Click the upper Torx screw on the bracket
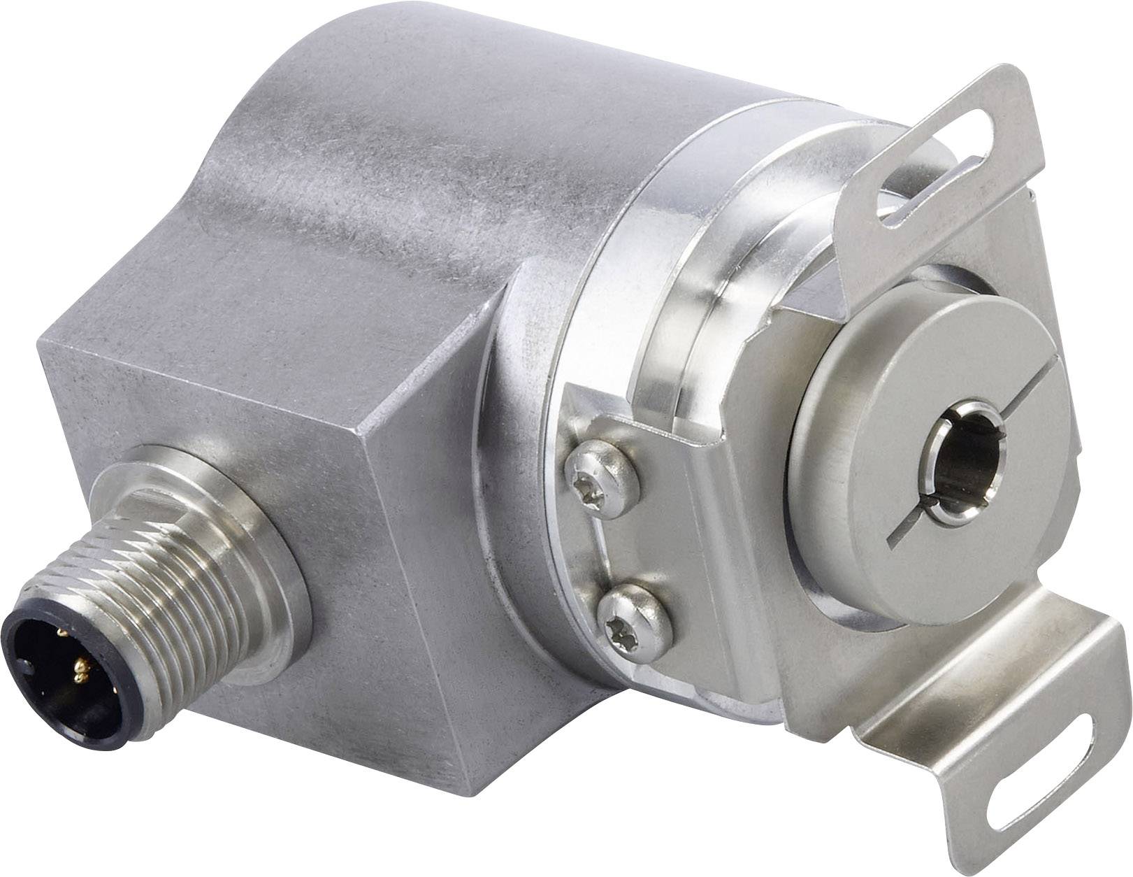pyautogui.click(x=600, y=479)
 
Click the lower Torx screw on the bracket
pyautogui.click(x=634, y=615)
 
